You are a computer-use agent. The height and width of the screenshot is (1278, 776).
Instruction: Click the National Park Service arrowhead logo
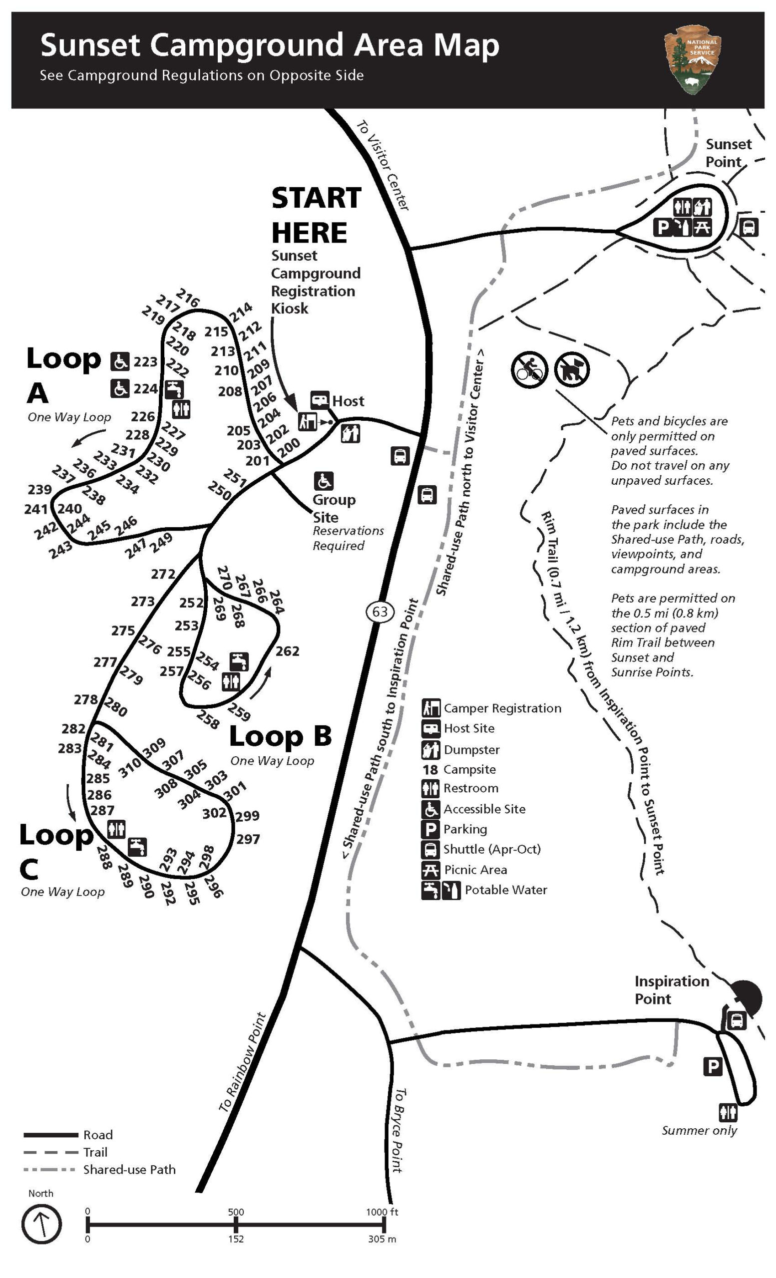tap(693, 59)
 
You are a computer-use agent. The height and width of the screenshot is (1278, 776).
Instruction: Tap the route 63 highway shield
tap(380, 612)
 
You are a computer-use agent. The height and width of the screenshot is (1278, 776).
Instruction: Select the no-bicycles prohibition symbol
tap(529, 370)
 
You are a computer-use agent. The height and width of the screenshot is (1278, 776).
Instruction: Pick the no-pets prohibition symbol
tap(572, 370)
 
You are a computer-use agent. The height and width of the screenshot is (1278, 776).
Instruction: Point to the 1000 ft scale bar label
tap(383, 1212)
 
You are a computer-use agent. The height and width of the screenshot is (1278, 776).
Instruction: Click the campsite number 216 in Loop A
tap(187, 298)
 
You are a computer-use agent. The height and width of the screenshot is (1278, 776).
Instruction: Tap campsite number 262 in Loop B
tap(287, 651)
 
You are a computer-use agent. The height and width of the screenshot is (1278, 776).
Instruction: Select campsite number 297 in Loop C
tap(248, 839)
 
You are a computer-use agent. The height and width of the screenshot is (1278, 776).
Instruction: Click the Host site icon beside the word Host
tap(320, 400)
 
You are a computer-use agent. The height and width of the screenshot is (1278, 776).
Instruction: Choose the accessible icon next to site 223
tap(120, 361)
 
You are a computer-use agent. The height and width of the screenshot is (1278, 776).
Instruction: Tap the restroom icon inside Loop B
tap(231, 681)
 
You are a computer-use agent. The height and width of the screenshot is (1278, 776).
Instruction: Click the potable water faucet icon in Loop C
tap(137, 847)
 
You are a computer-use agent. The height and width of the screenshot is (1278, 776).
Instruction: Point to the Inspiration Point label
tap(671, 989)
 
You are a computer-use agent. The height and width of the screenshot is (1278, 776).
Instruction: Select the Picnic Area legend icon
tap(430, 869)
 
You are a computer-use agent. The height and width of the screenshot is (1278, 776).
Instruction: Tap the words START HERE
tap(316, 215)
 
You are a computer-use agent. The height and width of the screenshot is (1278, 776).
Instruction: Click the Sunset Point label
tap(728, 152)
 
